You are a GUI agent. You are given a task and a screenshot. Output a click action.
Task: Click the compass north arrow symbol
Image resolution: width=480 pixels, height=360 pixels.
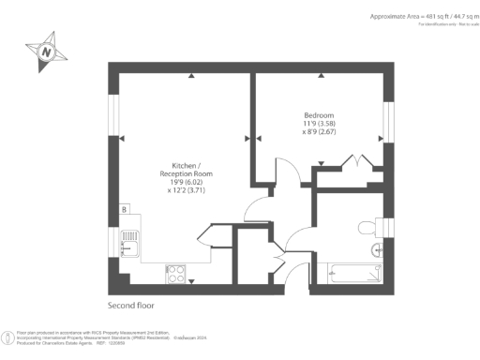[x=44, y=53]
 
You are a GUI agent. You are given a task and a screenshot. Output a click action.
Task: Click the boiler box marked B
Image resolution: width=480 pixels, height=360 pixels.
[x=125, y=210]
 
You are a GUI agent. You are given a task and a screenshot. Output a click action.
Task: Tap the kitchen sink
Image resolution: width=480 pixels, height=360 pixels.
[x=133, y=245]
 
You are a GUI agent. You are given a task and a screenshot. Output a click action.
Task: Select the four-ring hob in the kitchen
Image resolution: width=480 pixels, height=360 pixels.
[x=175, y=273]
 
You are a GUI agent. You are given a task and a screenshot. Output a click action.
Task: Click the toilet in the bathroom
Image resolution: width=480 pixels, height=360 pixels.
[x=367, y=226]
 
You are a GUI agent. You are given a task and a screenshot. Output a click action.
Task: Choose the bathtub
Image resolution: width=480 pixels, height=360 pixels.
[x=351, y=273]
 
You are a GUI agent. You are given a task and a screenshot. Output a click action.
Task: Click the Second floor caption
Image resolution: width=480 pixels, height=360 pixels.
[x=130, y=306]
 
